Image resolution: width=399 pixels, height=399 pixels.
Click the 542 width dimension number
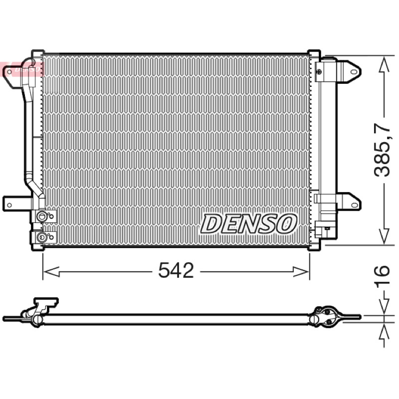point(176,270)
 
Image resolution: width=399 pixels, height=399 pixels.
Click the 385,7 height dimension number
point(382,150)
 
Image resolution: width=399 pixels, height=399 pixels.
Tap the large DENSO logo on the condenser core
point(248,223)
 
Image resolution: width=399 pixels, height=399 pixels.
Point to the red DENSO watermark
point(21,69)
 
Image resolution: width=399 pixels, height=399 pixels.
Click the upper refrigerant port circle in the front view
point(41,216)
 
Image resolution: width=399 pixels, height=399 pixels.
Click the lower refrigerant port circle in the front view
point(41,237)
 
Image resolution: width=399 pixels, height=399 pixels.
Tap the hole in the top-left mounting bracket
point(9,72)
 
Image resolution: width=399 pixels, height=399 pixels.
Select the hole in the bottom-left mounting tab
point(9,205)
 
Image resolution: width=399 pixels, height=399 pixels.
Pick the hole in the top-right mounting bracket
point(354,72)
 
